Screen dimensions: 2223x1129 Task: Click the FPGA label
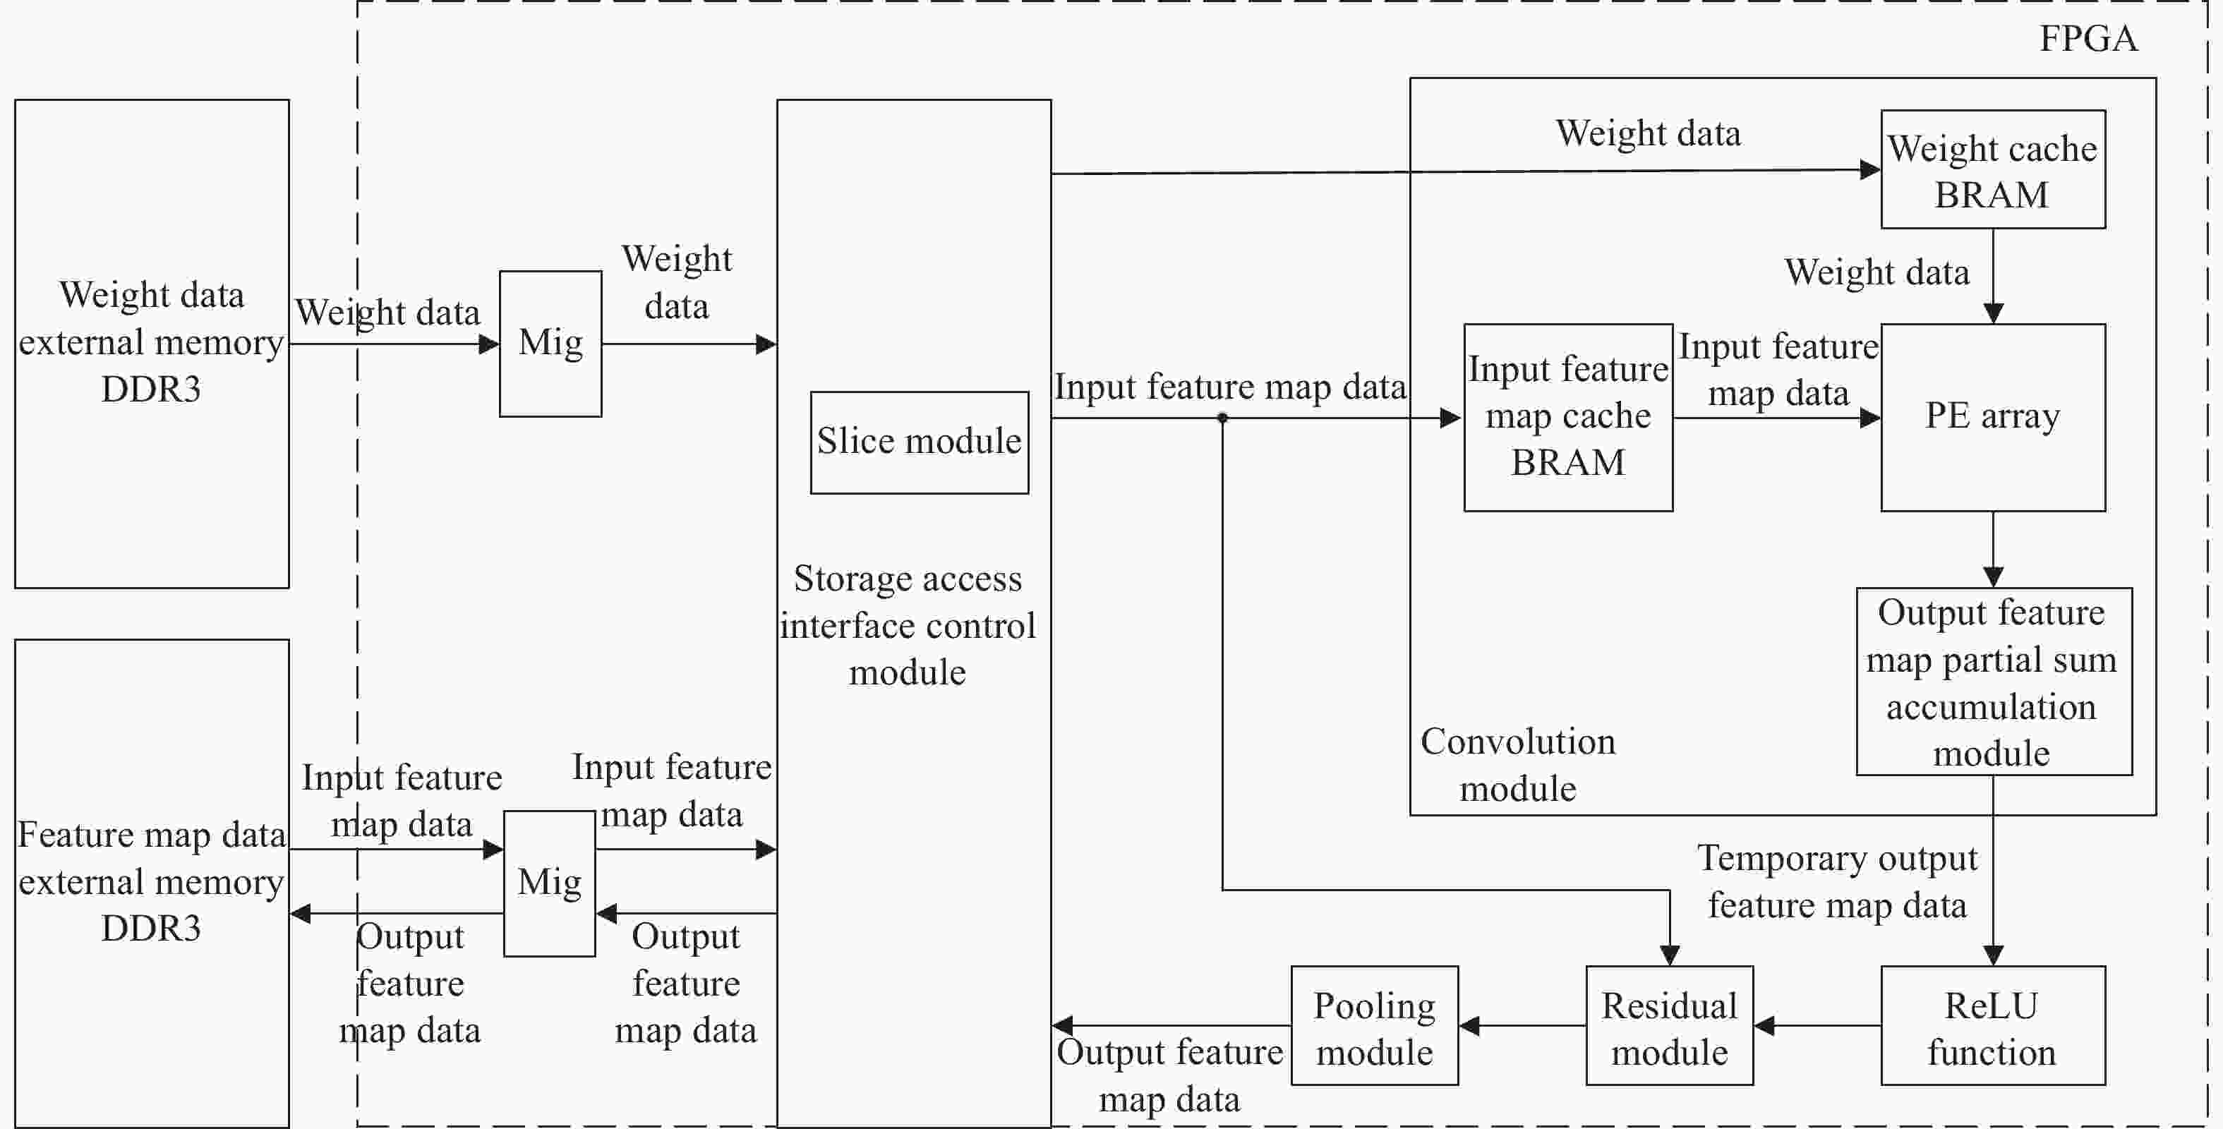click(2088, 39)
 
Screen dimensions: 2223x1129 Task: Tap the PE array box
click(1993, 418)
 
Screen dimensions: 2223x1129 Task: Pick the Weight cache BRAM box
click(1993, 169)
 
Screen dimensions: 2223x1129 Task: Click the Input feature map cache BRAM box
click(1568, 418)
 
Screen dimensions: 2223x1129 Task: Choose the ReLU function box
click(1993, 1025)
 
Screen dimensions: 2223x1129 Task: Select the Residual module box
click(1669, 1025)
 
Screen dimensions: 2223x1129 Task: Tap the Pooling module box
click(1375, 1025)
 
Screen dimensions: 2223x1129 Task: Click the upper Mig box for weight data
click(550, 344)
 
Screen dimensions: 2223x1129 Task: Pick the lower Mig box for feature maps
click(550, 883)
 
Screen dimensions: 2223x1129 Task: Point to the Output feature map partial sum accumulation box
click(1994, 682)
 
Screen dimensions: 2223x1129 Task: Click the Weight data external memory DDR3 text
click(151, 342)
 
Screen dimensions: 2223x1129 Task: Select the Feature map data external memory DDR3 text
click(151, 881)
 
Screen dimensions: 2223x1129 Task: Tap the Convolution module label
click(1518, 765)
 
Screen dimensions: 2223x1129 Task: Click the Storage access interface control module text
click(908, 625)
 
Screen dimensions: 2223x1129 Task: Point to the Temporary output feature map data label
click(1837, 881)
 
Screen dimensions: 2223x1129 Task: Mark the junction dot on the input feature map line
click(1222, 418)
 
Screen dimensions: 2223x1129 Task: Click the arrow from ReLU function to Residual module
click(1817, 1025)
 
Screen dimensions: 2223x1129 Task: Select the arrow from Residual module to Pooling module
click(1522, 1025)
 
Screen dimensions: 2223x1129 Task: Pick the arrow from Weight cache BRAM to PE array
click(1993, 276)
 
